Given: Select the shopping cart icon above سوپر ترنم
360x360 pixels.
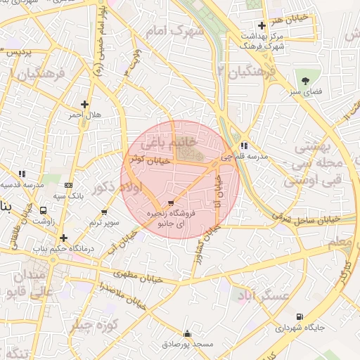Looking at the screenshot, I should tap(104, 212).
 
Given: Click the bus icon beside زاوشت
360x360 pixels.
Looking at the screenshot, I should tap(44, 210).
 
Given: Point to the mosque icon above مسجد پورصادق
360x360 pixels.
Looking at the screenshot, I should tap(187, 334).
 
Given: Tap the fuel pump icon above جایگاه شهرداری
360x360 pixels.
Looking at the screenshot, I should tap(301, 316).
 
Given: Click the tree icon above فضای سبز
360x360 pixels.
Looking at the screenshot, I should tap(305, 81).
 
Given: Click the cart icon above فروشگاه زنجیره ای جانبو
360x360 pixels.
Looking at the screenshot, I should tap(170, 202).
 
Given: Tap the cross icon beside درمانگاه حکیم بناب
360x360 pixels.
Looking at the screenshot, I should tap(63, 238).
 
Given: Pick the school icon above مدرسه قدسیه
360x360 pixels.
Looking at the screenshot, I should tap(21, 173).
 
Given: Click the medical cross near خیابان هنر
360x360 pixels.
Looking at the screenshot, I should tap(262, 25).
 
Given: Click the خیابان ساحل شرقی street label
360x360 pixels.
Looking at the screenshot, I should tap(310, 219).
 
